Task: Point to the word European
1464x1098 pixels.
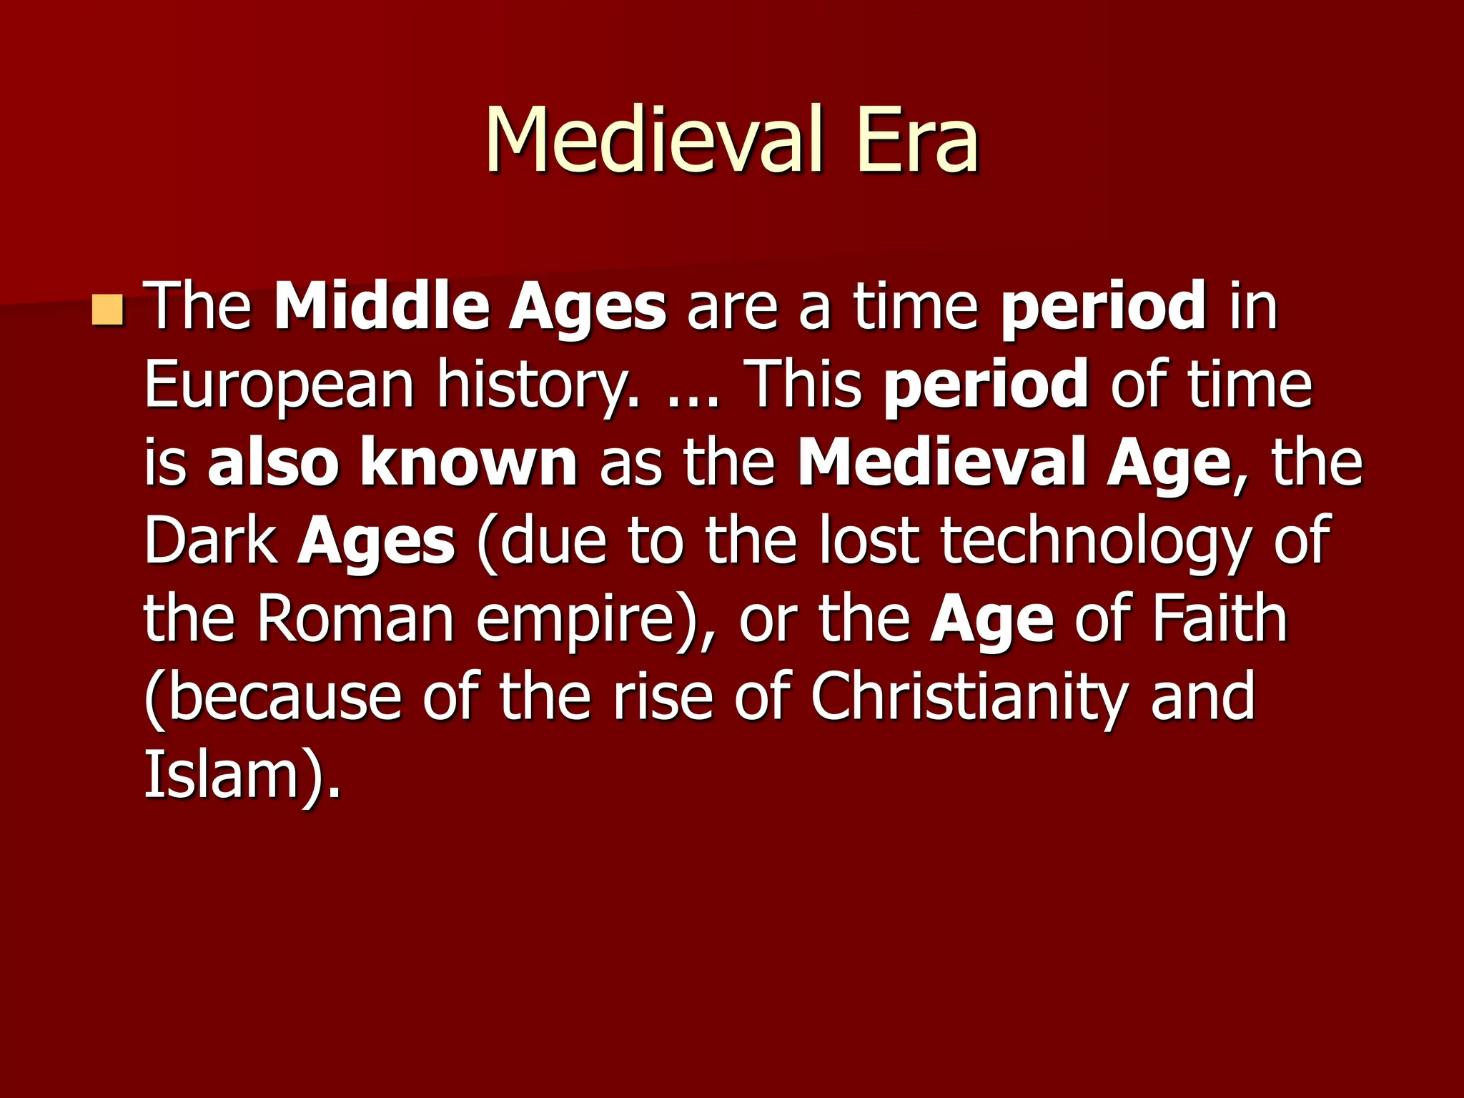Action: (x=280, y=386)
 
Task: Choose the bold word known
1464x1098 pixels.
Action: (x=469, y=463)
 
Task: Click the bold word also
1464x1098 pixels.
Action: (x=273, y=463)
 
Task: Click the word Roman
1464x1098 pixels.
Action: (x=355, y=619)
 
